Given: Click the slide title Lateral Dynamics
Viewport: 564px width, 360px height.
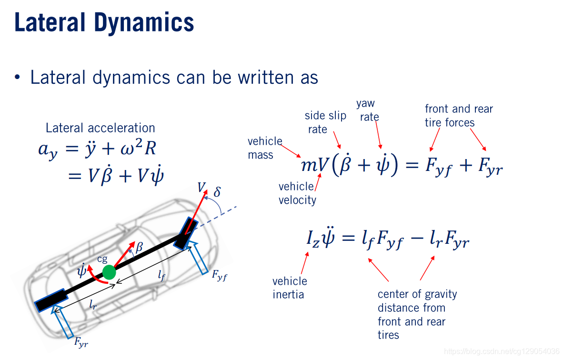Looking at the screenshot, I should [104, 22].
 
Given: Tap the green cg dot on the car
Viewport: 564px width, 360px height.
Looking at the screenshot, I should [110, 272].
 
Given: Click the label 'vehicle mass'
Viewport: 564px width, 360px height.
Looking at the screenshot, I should [265, 148].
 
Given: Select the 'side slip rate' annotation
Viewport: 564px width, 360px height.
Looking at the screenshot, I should [325, 122].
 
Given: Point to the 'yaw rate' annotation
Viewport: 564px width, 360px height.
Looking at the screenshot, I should [368, 110].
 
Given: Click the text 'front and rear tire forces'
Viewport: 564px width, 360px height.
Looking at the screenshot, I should [458, 116].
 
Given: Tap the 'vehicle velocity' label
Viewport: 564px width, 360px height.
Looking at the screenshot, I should [297, 193].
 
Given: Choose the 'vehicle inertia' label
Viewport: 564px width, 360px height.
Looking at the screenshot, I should [290, 288].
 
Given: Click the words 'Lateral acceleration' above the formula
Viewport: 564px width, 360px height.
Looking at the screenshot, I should [100, 128].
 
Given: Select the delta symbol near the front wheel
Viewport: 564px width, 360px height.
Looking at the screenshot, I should [217, 192].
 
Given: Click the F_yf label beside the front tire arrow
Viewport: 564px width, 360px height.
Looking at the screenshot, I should [219, 276].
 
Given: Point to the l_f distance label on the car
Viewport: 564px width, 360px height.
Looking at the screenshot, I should [161, 275].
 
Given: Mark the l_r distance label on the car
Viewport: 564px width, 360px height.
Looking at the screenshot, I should [93, 305].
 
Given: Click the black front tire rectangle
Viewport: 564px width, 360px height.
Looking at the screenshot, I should [185, 233].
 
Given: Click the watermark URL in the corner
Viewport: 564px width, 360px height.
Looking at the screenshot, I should [501, 351].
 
